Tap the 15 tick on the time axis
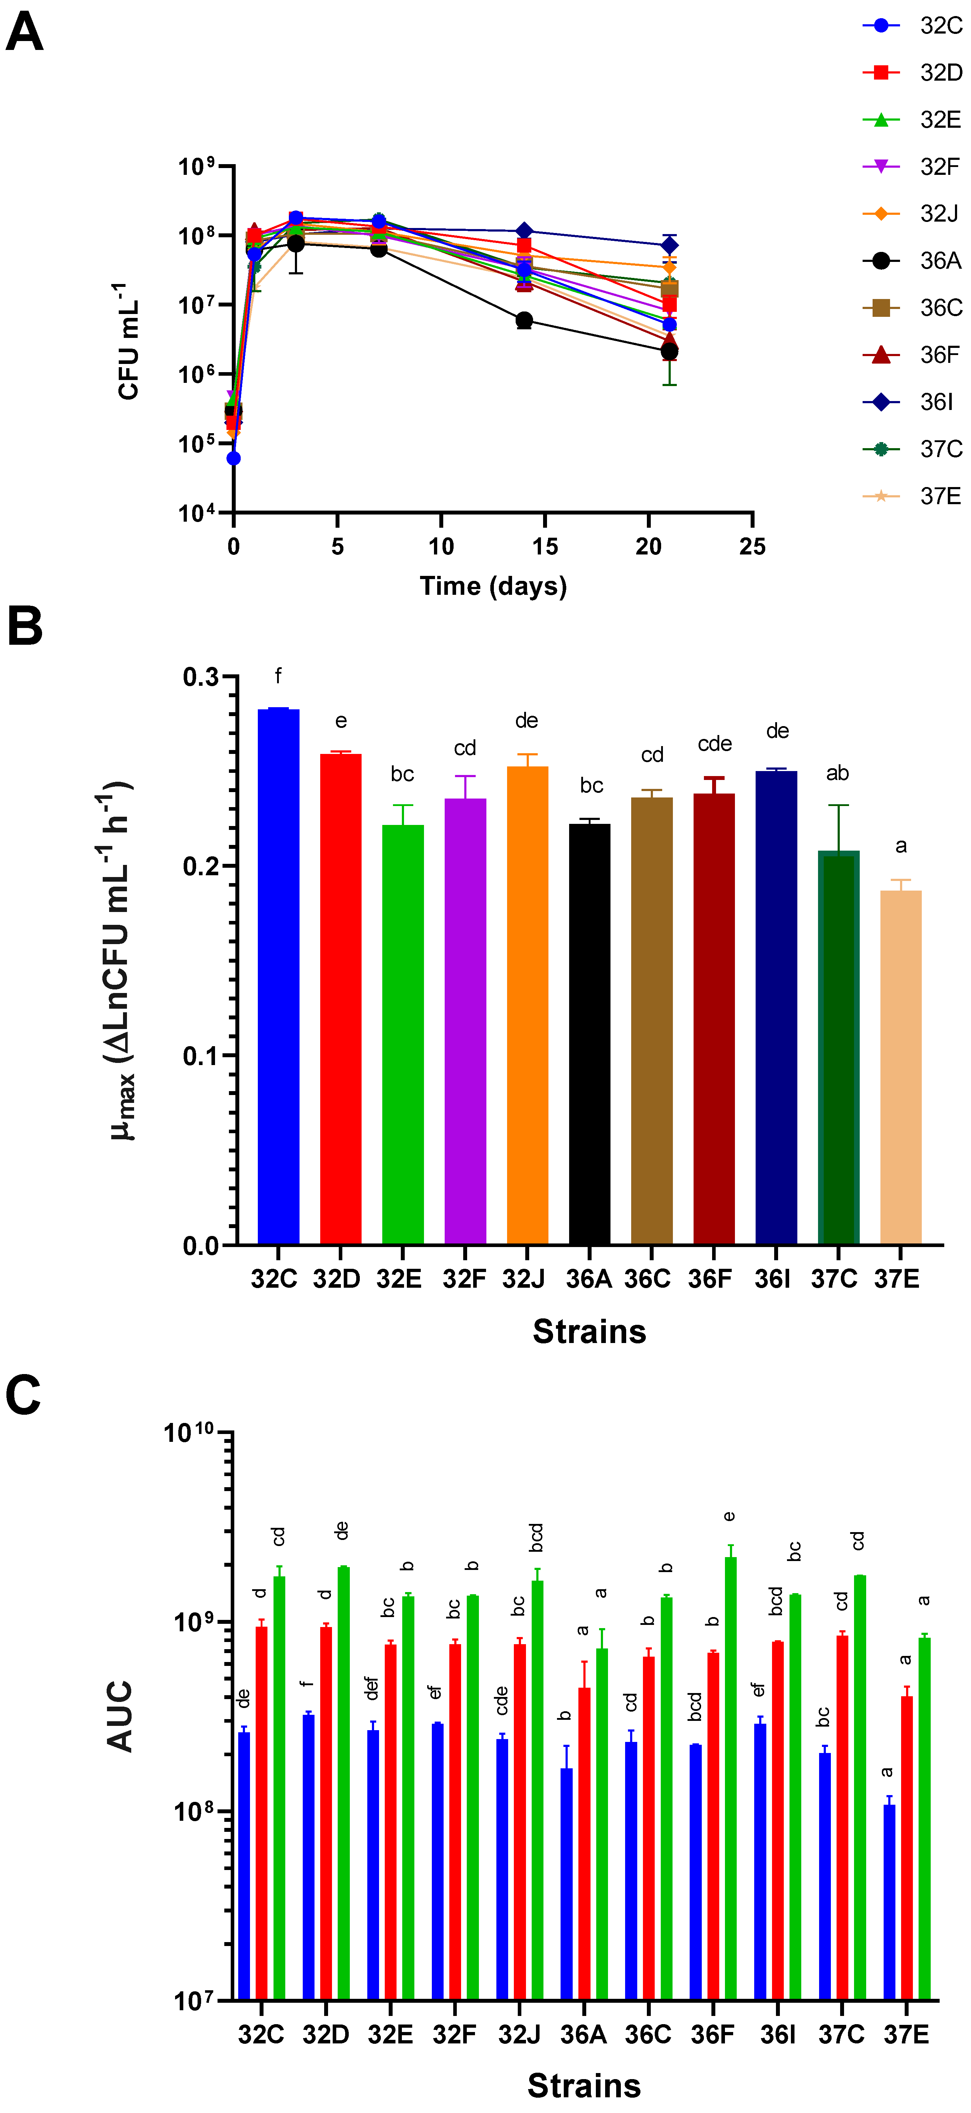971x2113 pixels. point(545,547)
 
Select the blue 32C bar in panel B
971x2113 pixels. point(278,976)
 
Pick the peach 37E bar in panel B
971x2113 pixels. point(900,1066)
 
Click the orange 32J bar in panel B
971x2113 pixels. point(527,1005)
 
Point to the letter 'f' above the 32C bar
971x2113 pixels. point(278,676)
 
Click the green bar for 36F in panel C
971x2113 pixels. point(730,1780)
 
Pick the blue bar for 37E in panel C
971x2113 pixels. point(889,1903)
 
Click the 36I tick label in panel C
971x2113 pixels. point(777,2035)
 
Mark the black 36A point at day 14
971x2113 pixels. point(524,320)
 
